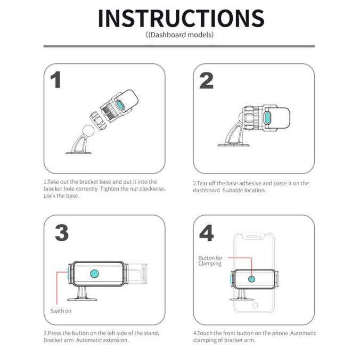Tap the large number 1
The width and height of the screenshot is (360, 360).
pyautogui.click(x=56, y=80)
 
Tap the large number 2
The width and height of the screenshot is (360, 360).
pyautogui.click(x=206, y=80)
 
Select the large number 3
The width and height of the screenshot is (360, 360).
pyautogui.click(x=62, y=233)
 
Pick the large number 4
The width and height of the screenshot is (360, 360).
pyautogui.click(x=207, y=233)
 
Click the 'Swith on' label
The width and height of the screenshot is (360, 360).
pyautogui.click(x=61, y=310)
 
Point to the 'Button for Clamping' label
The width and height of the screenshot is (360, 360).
pyautogui.click(x=210, y=260)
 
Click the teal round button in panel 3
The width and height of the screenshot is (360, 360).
pyautogui.click(x=95, y=274)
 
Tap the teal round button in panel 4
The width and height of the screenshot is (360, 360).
pyautogui.click(x=252, y=279)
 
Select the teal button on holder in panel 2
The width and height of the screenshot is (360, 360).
pyautogui.click(x=268, y=117)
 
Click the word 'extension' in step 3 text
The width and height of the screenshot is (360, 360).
pyautogui.click(x=115, y=340)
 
